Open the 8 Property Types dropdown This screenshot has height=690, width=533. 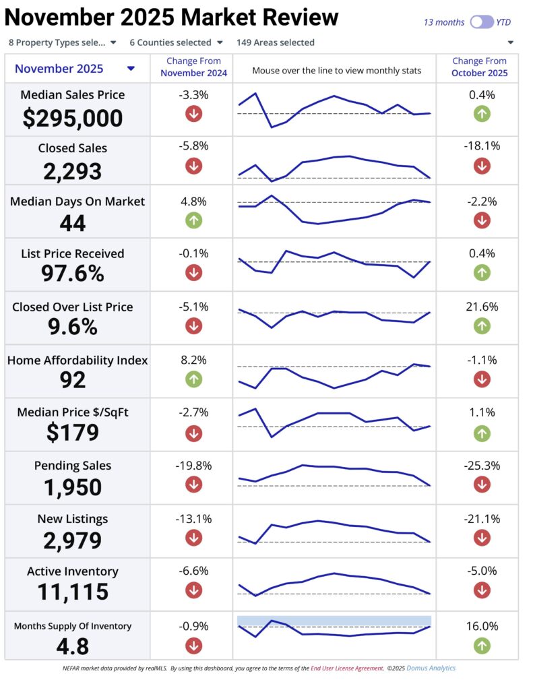[62, 42]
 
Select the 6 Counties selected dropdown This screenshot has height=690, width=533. [176, 42]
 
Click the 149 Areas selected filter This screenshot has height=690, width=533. [275, 42]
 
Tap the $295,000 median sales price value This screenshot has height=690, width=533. [73, 119]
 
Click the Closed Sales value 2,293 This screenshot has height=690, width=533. [73, 171]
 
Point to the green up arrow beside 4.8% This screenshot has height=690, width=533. [193, 220]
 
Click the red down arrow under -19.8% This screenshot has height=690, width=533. [193, 484]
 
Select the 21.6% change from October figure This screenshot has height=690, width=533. [482, 307]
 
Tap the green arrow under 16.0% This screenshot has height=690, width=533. [482, 646]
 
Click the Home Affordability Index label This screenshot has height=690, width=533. [77, 360]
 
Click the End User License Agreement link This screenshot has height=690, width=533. [346, 668]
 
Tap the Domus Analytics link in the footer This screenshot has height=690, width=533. [435, 668]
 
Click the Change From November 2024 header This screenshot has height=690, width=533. [193, 67]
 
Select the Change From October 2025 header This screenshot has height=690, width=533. [480, 67]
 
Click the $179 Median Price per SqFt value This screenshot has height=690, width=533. [73, 433]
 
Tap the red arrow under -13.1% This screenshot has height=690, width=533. [193, 538]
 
